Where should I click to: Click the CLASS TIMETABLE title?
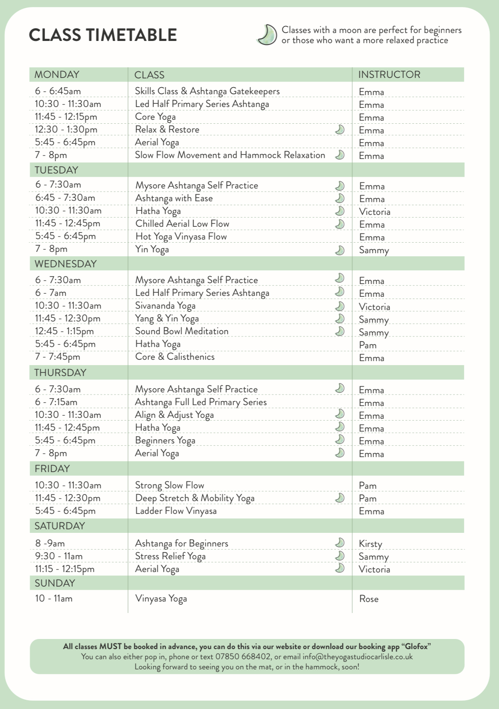[x=103, y=35]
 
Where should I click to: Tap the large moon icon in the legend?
[x=266, y=35]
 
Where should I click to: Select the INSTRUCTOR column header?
[x=389, y=74]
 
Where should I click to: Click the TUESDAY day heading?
[x=56, y=170]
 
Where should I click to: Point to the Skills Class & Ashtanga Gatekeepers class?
[x=207, y=91]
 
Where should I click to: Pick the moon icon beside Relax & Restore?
[x=340, y=129]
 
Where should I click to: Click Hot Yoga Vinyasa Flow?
[x=181, y=236]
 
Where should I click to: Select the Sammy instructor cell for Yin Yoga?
[x=373, y=250]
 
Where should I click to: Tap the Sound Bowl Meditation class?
[x=181, y=331]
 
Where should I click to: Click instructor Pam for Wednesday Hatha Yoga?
[x=367, y=345]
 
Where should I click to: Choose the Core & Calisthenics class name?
[x=175, y=357]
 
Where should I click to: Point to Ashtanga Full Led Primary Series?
[x=200, y=402]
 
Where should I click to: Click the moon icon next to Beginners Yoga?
[x=340, y=439]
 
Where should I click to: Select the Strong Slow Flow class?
[x=170, y=485]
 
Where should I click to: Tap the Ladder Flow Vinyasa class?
[x=176, y=511]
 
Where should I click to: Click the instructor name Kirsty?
[x=370, y=544]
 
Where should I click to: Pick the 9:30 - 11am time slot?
[x=59, y=556]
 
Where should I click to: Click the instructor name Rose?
[x=369, y=599]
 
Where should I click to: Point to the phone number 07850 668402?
[x=243, y=657]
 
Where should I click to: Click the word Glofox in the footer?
[x=416, y=646]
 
